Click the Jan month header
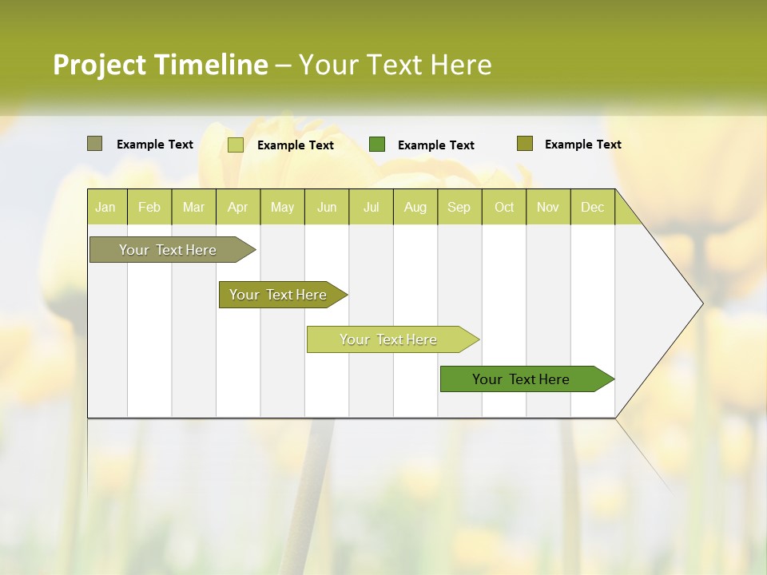(106, 207)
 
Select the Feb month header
(149, 207)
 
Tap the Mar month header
(193, 207)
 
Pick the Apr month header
(238, 207)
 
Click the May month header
(282, 207)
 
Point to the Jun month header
(327, 207)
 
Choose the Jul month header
(371, 207)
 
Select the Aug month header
(415, 207)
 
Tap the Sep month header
(459, 207)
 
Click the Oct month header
(504, 207)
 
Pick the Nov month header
(548, 207)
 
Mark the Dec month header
(592, 207)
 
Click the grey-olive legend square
(94, 144)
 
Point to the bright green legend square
(377, 144)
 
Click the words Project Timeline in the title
(161, 65)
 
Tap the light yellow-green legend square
(236, 145)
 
